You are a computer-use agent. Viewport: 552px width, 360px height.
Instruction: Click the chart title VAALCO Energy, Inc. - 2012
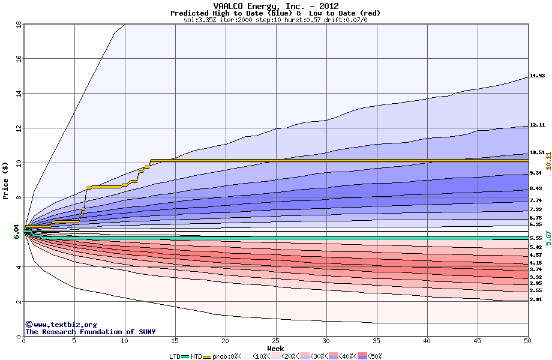pyautogui.click(x=275, y=6)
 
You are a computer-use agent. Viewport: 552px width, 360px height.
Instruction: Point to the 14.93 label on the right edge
pyautogui.click(x=537, y=76)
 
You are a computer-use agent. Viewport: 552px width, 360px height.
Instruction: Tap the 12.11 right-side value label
pyautogui.click(x=537, y=125)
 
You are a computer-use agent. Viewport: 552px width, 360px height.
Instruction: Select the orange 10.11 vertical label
pyautogui.click(x=548, y=160)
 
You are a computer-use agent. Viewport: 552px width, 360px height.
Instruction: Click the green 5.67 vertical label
pyautogui.click(x=548, y=238)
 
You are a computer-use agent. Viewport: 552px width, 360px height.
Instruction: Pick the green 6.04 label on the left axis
pyautogui.click(x=17, y=231)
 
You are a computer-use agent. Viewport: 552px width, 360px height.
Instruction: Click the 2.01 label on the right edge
pyautogui.click(x=535, y=299)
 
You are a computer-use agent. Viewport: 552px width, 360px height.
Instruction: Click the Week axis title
pyautogui.click(x=275, y=349)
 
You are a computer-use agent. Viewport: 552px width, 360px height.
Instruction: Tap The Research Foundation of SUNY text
pyautogui.click(x=90, y=332)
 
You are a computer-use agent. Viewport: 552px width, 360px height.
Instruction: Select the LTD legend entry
pyautogui.click(x=175, y=356)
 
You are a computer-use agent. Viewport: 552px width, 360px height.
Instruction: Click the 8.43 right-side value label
pyautogui.click(x=535, y=189)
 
